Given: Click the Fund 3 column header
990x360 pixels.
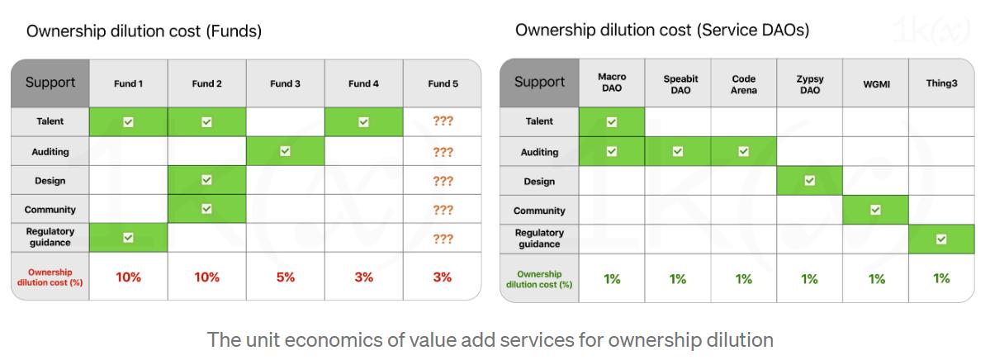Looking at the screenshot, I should click(x=285, y=83).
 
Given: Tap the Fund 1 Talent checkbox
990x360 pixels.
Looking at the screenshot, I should click(x=128, y=121).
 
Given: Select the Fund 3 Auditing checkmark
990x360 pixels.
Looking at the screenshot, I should click(x=285, y=151).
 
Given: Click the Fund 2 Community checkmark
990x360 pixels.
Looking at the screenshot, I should click(x=206, y=210).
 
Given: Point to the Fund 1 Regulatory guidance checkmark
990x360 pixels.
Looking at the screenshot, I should click(x=128, y=238).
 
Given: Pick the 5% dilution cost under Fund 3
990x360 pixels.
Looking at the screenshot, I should click(x=285, y=277).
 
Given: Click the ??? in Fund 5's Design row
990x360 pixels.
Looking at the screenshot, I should click(x=443, y=181).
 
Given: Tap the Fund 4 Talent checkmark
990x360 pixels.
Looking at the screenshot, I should click(x=363, y=121).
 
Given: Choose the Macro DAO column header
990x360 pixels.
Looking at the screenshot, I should click(x=612, y=83).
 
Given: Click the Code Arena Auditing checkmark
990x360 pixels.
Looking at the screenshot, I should click(x=743, y=151).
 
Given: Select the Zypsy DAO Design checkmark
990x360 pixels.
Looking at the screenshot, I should click(x=809, y=181).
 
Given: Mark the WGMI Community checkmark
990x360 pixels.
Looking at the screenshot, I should click(x=875, y=210).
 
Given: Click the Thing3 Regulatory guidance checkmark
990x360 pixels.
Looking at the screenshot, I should click(x=941, y=239).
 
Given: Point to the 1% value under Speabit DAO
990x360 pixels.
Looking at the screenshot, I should click(x=677, y=279).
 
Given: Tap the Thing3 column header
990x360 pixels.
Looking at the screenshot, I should click(x=941, y=83).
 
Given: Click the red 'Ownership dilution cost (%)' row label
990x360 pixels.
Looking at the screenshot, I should click(x=50, y=277).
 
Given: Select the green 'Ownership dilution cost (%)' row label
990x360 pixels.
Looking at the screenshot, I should click(x=539, y=279).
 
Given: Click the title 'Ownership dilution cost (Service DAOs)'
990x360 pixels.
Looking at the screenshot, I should click(x=662, y=31).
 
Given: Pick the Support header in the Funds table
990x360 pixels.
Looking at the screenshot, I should click(x=50, y=83).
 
